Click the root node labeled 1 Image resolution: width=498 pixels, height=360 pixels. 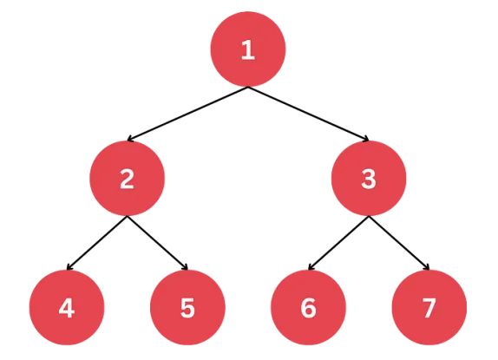click(248, 49)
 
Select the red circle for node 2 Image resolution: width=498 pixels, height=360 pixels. click(128, 179)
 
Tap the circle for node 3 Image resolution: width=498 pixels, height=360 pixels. click(369, 179)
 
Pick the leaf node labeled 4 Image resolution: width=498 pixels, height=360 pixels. click(67, 307)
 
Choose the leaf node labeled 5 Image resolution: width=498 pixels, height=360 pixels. click(187, 307)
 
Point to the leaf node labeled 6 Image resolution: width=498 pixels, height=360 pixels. click(308, 307)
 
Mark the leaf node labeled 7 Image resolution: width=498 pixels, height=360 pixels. click(429, 307)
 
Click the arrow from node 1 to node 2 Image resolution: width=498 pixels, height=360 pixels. click(187, 114)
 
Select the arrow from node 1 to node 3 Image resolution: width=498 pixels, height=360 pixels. click(308, 114)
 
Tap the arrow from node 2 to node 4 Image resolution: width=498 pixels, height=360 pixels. click(97, 243)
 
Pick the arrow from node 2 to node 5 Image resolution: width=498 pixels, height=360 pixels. click(158, 243)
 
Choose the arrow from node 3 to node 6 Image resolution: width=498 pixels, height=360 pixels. click(338, 243)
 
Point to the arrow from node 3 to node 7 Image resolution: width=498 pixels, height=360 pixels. click(399, 243)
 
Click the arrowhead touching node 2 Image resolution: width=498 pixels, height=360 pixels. click(129, 139)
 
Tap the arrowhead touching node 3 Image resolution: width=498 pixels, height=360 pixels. click(366, 139)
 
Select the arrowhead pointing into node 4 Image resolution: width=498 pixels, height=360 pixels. click(69, 267)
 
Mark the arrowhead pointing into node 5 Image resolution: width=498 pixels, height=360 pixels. click(186, 267)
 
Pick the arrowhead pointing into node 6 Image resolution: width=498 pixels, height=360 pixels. click(311, 267)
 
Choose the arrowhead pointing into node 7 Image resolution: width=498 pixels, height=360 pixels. click(427, 267)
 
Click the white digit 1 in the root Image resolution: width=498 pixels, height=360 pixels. click(248, 50)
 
